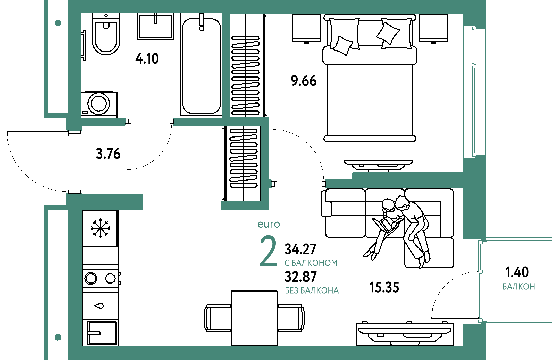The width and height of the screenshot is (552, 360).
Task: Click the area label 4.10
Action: coord(147,59)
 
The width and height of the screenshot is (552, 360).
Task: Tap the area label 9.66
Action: coord(303,81)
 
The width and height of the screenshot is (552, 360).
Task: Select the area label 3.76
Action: coord(108,154)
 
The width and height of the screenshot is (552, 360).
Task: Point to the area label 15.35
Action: coord(384,287)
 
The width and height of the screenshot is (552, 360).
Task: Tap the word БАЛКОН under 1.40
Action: coord(519,287)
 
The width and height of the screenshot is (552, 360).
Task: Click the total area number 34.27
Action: coord(300,249)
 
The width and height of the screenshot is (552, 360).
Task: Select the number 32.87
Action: coord(300,277)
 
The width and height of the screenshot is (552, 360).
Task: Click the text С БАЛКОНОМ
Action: coord(311,263)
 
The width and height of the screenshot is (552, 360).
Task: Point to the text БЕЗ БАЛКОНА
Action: coord(312,291)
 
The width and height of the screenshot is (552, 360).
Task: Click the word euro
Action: coord(269,224)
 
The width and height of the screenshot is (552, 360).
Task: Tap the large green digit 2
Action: coord(268,251)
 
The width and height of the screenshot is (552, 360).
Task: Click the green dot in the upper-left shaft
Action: coord(58,23)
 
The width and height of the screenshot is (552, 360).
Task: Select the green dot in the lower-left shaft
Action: coord(58,337)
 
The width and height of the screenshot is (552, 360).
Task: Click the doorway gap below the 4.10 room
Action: coord(149,122)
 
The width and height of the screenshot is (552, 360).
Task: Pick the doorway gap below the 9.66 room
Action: coord(298,184)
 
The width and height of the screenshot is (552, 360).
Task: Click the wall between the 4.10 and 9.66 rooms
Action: coord(226,66)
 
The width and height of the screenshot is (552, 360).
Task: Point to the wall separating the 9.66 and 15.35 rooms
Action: coord(407,180)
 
